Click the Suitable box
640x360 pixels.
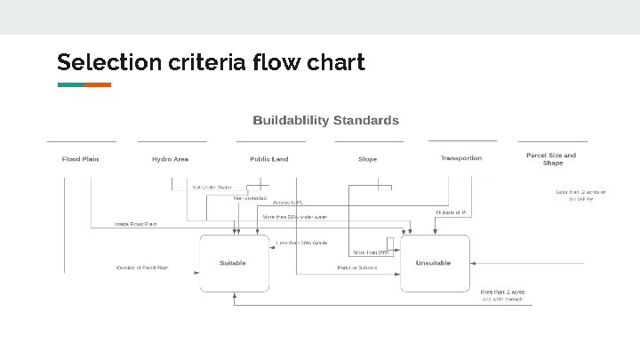pyautogui.click(x=234, y=263)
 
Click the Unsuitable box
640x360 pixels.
pyautogui.click(x=434, y=263)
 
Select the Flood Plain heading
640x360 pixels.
pyautogui.click(x=81, y=159)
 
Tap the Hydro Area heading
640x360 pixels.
pyautogui.click(x=170, y=159)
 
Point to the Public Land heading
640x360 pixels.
pyautogui.click(x=269, y=159)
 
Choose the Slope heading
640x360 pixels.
pyautogui.click(x=367, y=159)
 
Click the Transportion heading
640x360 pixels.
pyautogui.click(x=461, y=158)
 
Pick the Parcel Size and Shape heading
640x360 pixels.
pyautogui.click(x=552, y=158)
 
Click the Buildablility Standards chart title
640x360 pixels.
pyautogui.click(x=326, y=120)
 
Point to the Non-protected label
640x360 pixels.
pyautogui.click(x=250, y=198)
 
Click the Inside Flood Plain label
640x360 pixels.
pyautogui.click(x=136, y=224)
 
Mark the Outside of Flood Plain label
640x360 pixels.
pyautogui.click(x=142, y=268)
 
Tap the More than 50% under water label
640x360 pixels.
pyautogui.click(x=295, y=217)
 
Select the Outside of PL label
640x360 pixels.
pyautogui.click(x=452, y=212)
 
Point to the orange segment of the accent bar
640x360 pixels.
pyautogui.click(x=98, y=85)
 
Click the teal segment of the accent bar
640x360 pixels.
pyautogui.click(x=70, y=85)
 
